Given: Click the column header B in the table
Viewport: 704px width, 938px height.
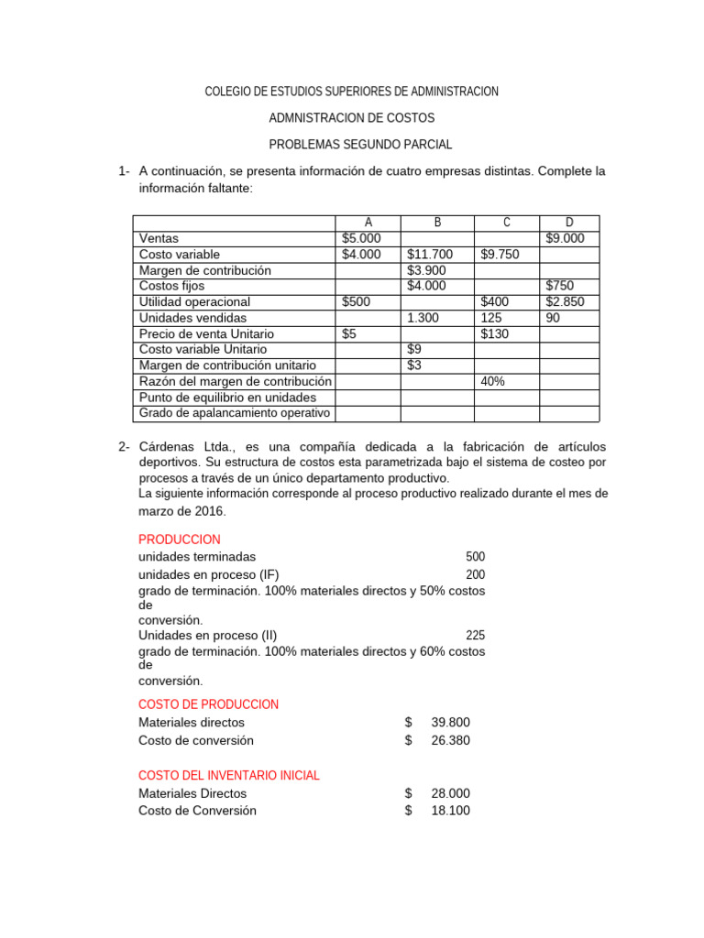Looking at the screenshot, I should [437, 223].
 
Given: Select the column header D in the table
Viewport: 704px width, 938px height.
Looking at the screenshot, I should [569, 223].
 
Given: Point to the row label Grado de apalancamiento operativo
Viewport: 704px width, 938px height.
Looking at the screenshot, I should [234, 413].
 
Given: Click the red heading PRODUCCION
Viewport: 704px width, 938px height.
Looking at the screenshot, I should [180, 540].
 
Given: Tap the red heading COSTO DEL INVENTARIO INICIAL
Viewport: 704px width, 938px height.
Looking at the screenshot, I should [229, 775].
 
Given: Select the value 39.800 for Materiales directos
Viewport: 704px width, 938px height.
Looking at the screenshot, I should [450, 723].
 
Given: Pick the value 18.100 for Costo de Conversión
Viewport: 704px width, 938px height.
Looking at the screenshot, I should [450, 811].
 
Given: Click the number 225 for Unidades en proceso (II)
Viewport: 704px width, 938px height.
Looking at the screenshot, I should [475, 635].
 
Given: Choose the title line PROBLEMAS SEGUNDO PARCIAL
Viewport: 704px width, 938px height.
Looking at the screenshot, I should [360, 145].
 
